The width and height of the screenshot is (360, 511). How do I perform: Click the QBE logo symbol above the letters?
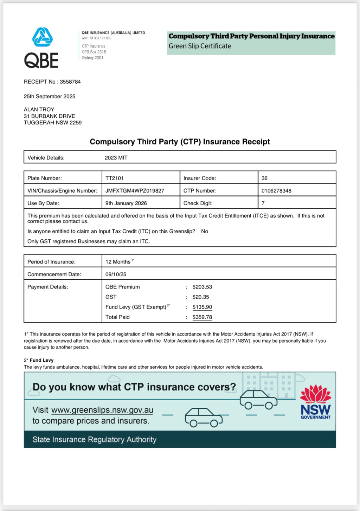[x=43, y=37]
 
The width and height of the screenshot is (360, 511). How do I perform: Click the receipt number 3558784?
[x=70, y=82]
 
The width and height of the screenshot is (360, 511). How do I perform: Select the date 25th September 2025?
[x=50, y=96]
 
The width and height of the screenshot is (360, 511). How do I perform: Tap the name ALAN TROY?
[x=39, y=110]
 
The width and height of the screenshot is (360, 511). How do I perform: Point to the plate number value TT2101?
[x=115, y=178]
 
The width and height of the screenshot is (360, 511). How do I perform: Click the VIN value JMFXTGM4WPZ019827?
[x=135, y=191]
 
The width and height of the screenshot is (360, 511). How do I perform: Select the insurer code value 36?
[x=264, y=178]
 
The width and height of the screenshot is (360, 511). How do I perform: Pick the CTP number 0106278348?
[x=276, y=191]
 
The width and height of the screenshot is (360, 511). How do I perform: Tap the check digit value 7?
[x=263, y=203]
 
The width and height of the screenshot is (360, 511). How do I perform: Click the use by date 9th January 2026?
[x=126, y=203]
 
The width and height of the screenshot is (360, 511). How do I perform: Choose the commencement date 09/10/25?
[x=116, y=274]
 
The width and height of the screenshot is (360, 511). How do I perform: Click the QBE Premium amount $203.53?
[x=202, y=287]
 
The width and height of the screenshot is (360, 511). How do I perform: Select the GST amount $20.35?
[x=201, y=297]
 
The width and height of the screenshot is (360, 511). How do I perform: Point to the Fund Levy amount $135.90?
[x=202, y=307]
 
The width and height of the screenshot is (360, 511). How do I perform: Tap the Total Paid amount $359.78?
[x=202, y=317]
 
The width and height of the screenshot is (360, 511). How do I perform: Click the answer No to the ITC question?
[x=205, y=231]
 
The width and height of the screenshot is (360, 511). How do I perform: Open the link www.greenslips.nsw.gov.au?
[x=102, y=410]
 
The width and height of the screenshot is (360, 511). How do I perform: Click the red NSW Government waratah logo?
[x=315, y=394]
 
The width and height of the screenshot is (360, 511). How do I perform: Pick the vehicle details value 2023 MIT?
[x=116, y=158]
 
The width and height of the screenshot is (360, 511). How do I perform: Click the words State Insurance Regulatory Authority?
[x=94, y=440]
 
